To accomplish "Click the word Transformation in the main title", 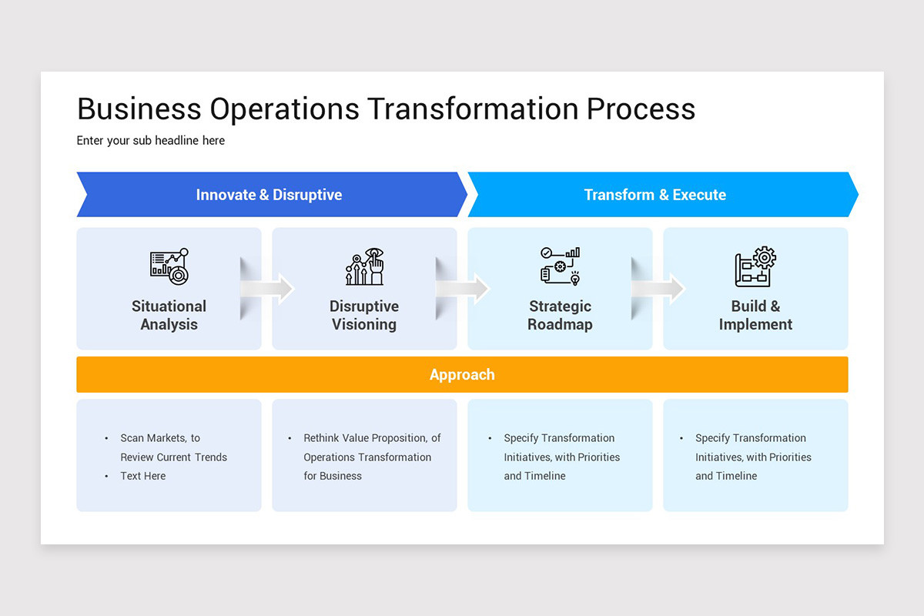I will coord(473,109).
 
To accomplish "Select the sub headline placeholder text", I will coord(151,140).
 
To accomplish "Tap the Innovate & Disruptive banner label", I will coord(269,195).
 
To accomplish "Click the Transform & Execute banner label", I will coord(654,195).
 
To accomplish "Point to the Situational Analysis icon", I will coord(169,266).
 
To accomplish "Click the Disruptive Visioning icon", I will coord(364,266).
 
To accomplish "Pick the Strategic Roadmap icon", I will coord(560,266).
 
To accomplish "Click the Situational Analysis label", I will coord(169,315).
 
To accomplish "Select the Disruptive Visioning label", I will coord(364,315).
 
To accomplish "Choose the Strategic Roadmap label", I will coord(560,315).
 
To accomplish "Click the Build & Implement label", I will coord(755,315).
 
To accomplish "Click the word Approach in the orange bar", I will coord(462,375).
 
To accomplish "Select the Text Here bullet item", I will coord(143,476).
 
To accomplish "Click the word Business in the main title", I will coord(139,109).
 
